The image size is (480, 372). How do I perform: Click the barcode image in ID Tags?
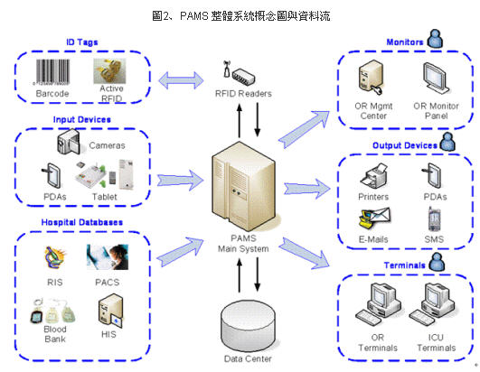click(52, 72)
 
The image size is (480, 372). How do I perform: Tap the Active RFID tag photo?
click(109, 71)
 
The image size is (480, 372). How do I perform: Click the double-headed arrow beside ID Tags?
click(181, 80)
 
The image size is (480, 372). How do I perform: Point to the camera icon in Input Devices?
click(69, 142)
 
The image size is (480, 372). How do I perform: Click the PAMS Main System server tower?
click(243, 187)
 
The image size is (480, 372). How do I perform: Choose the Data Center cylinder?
click(248, 326)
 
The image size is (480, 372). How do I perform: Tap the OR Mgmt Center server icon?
click(371, 77)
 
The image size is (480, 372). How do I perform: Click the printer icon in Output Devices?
click(373, 176)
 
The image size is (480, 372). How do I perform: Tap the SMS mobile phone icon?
click(434, 219)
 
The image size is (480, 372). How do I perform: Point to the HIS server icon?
click(110, 311)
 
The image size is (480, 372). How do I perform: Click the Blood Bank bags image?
click(52, 312)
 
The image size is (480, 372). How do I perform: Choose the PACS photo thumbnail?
click(108, 257)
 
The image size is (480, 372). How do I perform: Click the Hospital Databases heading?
click(82, 222)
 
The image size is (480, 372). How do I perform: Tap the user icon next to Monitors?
click(435, 39)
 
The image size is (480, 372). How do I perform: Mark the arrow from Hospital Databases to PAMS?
click(181, 252)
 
